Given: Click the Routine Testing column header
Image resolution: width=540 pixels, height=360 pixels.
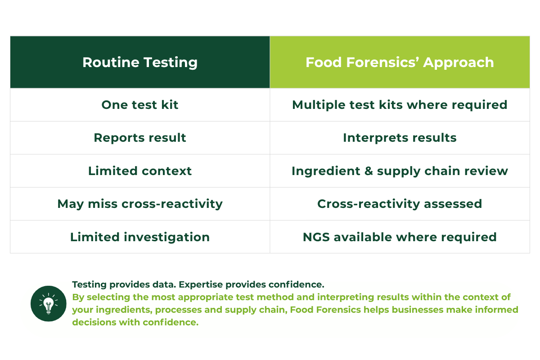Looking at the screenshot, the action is [140, 62].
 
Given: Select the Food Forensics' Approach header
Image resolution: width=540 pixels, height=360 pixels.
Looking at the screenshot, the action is [400, 62].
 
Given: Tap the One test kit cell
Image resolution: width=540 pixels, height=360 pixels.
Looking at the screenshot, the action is [140, 105].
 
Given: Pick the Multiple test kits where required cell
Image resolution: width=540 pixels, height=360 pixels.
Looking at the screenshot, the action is [400, 105].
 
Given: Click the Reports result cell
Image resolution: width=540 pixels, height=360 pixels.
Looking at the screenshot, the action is [140, 138].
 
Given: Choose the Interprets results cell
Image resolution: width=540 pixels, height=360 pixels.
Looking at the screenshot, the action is [400, 138].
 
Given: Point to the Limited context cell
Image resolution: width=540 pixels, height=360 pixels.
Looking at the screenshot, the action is [140, 171].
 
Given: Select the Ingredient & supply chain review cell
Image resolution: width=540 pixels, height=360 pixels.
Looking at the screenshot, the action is [400, 171].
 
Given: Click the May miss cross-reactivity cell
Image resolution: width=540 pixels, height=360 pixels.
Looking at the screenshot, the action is [140, 204].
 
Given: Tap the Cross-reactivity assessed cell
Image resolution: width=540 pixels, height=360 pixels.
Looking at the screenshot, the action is [400, 204].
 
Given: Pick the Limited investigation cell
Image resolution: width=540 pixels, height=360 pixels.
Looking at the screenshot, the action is [140, 237].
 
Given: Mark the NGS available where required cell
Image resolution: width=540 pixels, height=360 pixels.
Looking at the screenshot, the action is [400, 237].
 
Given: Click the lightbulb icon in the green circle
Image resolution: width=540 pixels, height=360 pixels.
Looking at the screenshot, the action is [49, 304].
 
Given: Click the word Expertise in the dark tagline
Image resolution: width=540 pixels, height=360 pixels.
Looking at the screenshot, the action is [201, 285].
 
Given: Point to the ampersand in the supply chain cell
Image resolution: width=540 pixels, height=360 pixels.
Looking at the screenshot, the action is [369, 171].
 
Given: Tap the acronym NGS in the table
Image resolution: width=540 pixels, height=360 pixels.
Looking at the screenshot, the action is [316, 237].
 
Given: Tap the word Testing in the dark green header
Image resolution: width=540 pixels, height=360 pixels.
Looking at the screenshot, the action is [171, 63].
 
